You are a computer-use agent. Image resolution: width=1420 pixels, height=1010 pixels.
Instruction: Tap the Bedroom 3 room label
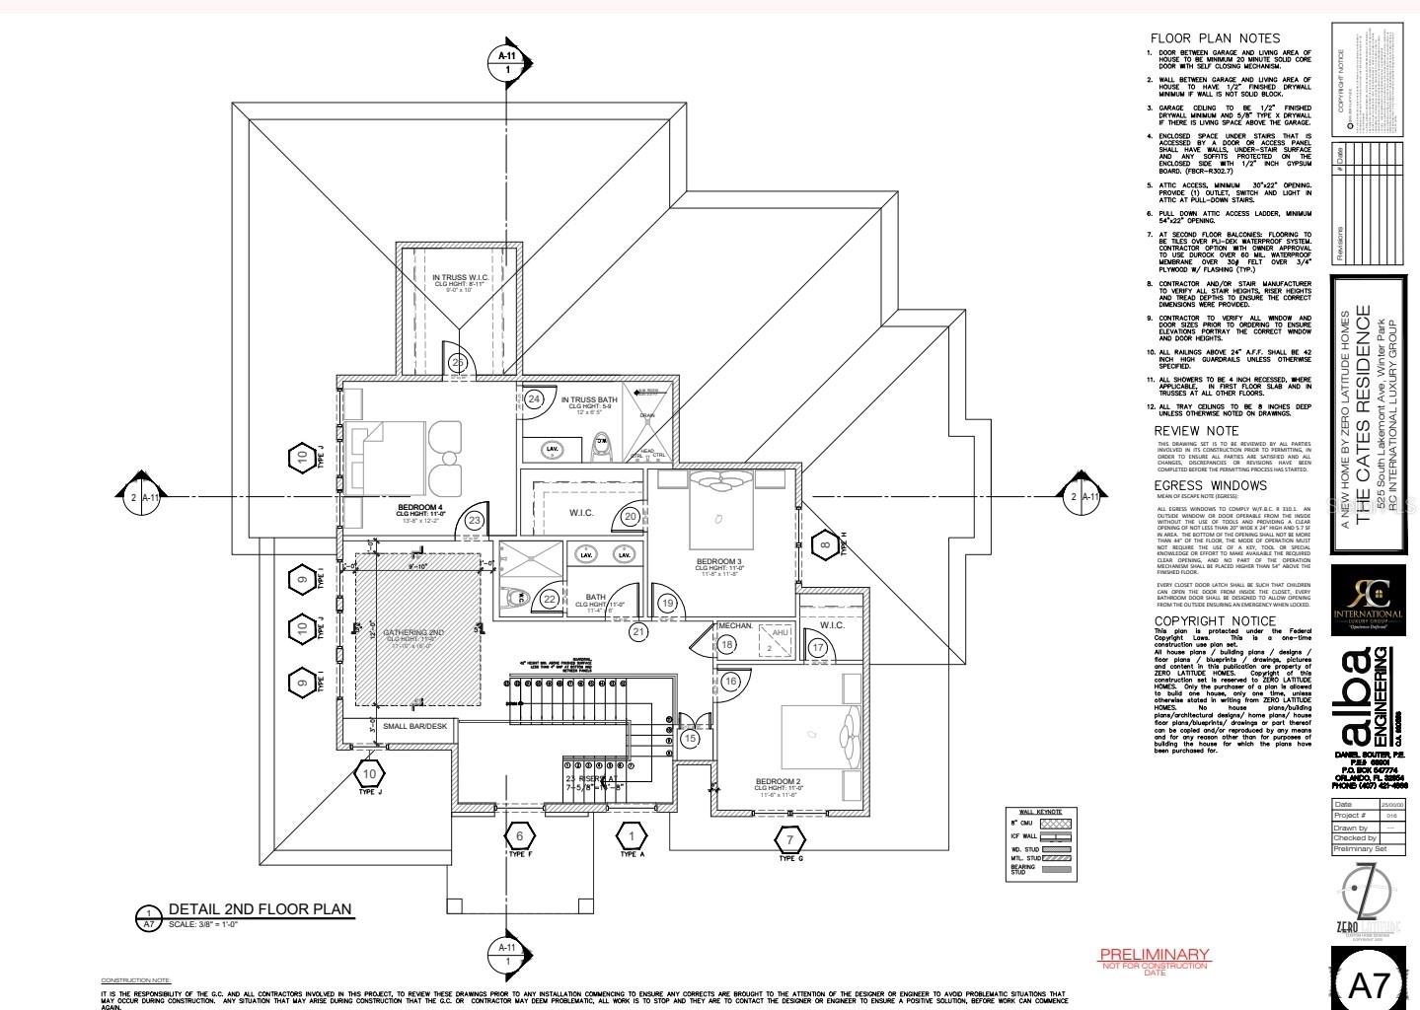click(718, 561)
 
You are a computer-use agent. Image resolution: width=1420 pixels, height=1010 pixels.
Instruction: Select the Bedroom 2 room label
click(778, 782)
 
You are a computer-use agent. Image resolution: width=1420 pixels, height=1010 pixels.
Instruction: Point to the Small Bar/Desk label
click(414, 726)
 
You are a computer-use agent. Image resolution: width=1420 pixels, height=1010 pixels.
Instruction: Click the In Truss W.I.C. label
click(460, 278)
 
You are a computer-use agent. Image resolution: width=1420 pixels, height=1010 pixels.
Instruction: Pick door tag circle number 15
click(690, 738)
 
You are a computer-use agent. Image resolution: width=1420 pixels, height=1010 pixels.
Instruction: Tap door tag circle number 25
click(457, 363)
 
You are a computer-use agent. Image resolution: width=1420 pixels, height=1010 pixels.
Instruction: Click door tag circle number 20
click(631, 517)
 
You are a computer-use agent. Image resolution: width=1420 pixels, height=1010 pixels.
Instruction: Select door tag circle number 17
click(817, 648)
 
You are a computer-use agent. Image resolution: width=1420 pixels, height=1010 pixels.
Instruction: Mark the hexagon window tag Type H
click(825, 545)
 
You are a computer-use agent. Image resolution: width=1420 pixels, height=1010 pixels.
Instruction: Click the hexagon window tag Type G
click(788, 840)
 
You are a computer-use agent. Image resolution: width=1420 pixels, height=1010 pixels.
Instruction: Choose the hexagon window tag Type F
click(519, 836)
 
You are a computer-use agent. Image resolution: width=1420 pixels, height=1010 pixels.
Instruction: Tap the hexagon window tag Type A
click(632, 836)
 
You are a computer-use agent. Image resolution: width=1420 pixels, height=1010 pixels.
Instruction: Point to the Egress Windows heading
click(1210, 485)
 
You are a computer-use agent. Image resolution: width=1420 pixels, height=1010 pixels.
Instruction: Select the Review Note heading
click(1196, 431)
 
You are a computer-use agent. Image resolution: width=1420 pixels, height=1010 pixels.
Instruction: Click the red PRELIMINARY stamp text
click(1154, 954)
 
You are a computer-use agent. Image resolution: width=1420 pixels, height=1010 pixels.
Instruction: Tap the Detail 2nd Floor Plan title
click(260, 909)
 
